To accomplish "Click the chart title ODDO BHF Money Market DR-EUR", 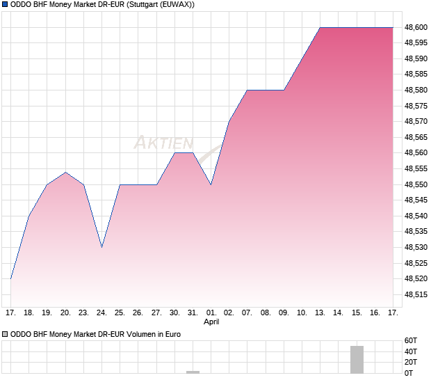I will click(x=98, y=5).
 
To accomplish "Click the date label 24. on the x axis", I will click(x=101, y=312).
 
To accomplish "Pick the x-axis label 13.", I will click(x=320, y=312).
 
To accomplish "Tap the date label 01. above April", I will click(x=211, y=312).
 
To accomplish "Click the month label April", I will click(x=211, y=322).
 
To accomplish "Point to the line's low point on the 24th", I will click(x=101, y=247).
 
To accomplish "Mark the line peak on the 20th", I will click(x=65, y=172).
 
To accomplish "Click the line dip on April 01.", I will click(x=211, y=184).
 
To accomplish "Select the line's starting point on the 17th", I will click(x=11, y=278).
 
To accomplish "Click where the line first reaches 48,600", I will click(x=320, y=27).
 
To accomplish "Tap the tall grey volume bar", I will click(x=357, y=359).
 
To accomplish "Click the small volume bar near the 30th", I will click(x=193, y=372).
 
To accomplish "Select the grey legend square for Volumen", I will click(x=6, y=335).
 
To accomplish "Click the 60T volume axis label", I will click(x=410, y=341).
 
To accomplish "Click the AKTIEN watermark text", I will click(x=163, y=143).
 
